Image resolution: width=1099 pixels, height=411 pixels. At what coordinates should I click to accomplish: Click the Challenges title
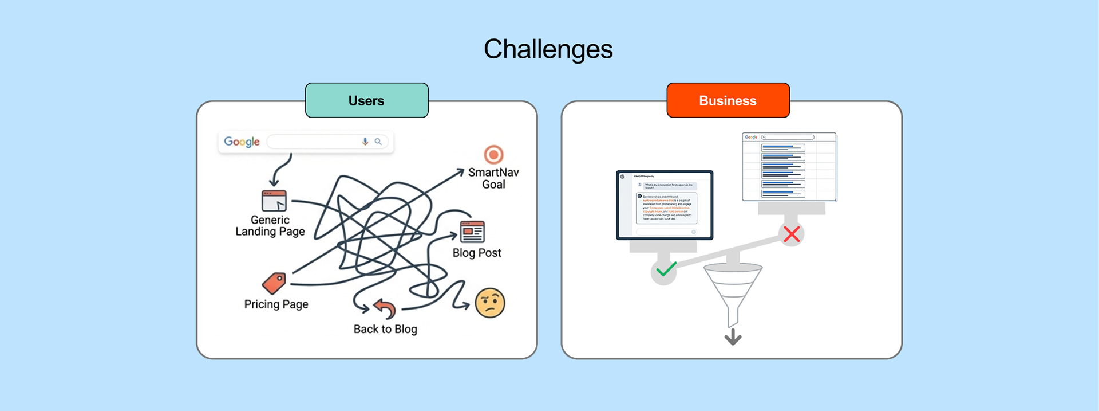click(x=548, y=49)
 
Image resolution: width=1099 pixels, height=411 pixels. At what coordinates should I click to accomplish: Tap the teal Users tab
click(x=366, y=100)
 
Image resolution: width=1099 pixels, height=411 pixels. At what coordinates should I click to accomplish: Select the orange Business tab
click(x=728, y=100)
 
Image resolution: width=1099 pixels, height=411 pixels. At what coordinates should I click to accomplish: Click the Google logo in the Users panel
click(x=242, y=142)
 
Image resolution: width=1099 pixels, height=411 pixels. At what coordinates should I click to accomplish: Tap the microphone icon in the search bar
click(x=365, y=142)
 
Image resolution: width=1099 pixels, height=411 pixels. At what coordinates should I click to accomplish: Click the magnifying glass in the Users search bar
click(x=378, y=142)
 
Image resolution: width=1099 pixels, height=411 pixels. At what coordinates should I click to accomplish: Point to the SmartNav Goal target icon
click(x=493, y=154)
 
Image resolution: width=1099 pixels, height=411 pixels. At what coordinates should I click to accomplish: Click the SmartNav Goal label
click(x=493, y=178)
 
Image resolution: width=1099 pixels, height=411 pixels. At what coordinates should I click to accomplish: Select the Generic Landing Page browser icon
click(x=274, y=201)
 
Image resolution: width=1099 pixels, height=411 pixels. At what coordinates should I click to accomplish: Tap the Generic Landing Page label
click(x=270, y=226)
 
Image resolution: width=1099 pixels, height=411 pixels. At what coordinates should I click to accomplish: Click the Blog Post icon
click(x=472, y=232)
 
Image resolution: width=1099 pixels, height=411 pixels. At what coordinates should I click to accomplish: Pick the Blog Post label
click(x=477, y=253)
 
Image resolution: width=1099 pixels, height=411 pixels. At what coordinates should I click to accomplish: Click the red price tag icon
click(x=274, y=283)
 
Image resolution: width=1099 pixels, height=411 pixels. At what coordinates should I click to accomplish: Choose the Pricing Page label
click(x=276, y=304)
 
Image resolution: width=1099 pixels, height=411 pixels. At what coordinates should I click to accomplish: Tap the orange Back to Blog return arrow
click(x=385, y=308)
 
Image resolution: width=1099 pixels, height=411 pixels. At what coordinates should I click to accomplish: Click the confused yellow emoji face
click(x=490, y=303)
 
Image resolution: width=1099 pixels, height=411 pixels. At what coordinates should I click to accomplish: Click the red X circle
click(x=792, y=234)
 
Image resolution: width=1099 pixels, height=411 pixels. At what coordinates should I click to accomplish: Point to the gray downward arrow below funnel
click(x=733, y=336)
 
